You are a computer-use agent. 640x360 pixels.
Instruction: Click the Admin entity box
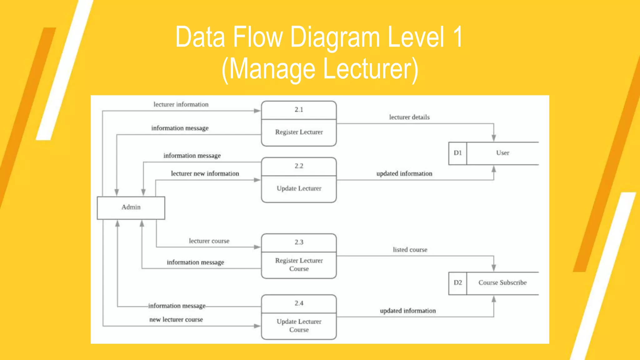pyautogui.click(x=131, y=207)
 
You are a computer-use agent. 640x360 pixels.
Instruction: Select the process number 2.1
pyautogui.click(x=299, y=110)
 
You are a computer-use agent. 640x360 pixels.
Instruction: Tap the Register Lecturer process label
pyautogui.click(x=299, y=132)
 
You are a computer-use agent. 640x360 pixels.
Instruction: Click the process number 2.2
pyautogui.click(x=299, y=166)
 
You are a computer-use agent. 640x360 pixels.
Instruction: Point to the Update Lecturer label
pyautogui.click(x=299, y=188)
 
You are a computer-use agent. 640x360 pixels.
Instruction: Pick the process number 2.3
pyautogui.click(x=299, y=242)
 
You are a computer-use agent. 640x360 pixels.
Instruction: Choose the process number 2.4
pyautogui.click(x=299, y=303)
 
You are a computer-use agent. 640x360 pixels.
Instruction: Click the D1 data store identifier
pyautogui.click(x=457, y=153)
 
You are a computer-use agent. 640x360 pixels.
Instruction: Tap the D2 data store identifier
pyautogui.click(x=457, y=283)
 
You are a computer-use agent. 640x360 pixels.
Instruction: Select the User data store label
pyautogui.click(x=502, y=153)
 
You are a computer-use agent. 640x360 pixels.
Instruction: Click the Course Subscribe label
pyautogui.click(x=502, y=283)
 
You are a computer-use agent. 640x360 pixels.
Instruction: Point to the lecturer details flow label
pyautogui.click(x=409, y=117)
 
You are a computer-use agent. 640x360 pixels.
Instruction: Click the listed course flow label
pyautogui.click(x=410, y=250)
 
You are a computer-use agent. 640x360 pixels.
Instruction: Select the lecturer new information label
pyautogui.click(x=205, y=174)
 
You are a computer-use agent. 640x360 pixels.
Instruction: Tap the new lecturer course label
pyautogui.click(x=176, y=320)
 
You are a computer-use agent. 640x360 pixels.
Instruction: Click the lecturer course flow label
pyautogui.click(x=209, y=241)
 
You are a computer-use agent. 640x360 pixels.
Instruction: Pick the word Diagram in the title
pyautogui.click(x=335, y=37)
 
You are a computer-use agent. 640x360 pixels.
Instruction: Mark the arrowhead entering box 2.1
pyautogui.click(x=257, y=111)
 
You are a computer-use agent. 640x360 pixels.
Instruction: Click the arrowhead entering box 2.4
pyautogui.click(x=257, y=326)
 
